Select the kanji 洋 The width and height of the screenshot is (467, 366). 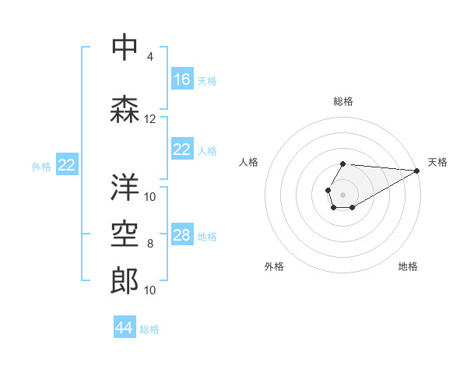point(125,186)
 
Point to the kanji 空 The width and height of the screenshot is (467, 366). point(125,234)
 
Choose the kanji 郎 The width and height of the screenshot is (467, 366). point(125,281)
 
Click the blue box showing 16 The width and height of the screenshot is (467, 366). point(182,79)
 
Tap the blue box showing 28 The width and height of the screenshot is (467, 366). point(182,236)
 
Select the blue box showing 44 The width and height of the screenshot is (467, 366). point(125,328)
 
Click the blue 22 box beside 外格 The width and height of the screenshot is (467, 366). point(67,165)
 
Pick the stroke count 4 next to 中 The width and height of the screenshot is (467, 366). point(149,57)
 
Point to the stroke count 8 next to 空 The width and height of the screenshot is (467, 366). point(149,244)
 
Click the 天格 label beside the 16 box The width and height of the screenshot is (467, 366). point(207,80)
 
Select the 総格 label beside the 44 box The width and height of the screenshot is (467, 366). point(149,329)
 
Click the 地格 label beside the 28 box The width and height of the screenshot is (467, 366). point(207,237)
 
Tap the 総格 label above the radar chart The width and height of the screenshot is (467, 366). point(343,101)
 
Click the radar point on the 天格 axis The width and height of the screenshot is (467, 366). point(418,171)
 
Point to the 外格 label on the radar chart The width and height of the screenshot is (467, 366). point(274,266)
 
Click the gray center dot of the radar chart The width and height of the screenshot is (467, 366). point(342,193)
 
